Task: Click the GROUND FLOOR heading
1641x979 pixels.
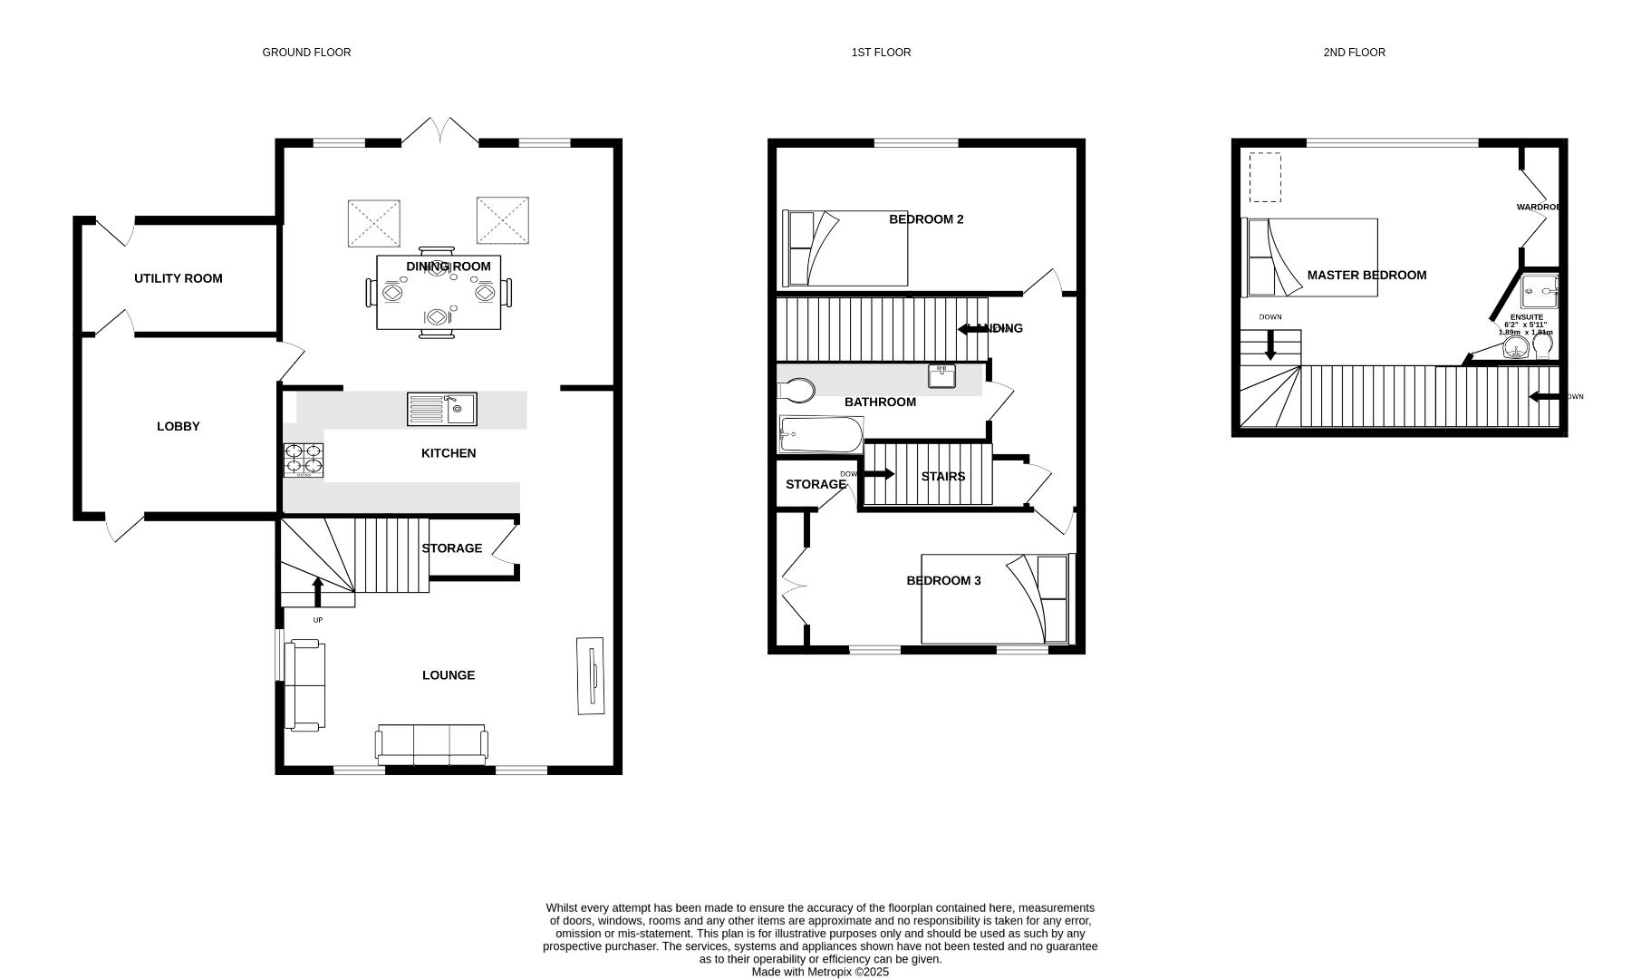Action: [306, 53]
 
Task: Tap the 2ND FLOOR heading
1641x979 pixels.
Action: [1354, 53]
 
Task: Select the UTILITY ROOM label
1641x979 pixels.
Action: [178, 278]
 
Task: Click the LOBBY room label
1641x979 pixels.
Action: [178, 426]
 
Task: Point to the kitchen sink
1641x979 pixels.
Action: [441, 409]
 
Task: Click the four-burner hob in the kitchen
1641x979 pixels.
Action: [304, 460]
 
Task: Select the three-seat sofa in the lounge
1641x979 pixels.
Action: [431, 743]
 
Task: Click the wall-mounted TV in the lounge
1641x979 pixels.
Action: [591, 676]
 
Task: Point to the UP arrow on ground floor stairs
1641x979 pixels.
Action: [318, 591]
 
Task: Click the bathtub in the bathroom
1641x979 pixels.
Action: [821, 434]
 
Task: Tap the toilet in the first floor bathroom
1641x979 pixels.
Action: [796, 391]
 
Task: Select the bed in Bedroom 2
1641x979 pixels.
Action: [845, 248]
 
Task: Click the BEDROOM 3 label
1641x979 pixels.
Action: [943, 581]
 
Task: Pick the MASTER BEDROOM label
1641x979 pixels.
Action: [1366, 276]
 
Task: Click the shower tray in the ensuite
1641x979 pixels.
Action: [1540, 292]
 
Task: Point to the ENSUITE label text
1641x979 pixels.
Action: [1526, 317]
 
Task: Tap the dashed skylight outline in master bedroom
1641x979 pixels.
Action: [1265, 178]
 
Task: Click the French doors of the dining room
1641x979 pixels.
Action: [440, 131]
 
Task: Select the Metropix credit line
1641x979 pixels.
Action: [820, 972]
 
